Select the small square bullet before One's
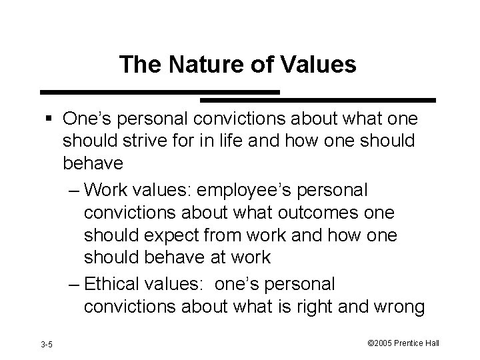point(52,119)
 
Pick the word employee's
point(266,189)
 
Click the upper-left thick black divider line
point(159,91)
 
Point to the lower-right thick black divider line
point(318,101)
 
